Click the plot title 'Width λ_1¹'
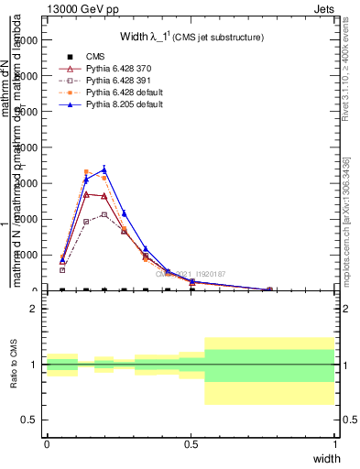192,37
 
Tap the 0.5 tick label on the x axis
191,443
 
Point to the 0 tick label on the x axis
46,443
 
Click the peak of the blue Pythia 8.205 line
104,169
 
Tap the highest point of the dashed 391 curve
104,214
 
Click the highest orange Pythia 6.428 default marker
87,171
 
